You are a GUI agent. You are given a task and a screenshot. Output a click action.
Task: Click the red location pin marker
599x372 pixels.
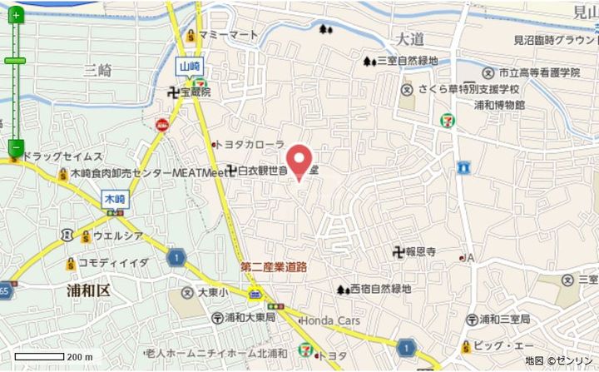pyautogui.click(x=299, y=160)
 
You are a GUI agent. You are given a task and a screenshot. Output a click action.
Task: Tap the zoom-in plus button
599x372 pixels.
pyautogui.click(x=15, y=15)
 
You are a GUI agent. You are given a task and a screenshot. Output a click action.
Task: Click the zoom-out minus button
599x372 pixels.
pyautogui.click(x=15, y=147)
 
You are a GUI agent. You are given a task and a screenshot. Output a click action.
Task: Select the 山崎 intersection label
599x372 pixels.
pyautogui.click(x=189, y=65)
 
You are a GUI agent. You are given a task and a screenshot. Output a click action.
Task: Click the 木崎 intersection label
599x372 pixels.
pyautogui.click(x=115, y=199)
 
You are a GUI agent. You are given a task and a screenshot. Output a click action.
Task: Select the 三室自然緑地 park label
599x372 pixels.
pyautogui.click(x=407, y=60)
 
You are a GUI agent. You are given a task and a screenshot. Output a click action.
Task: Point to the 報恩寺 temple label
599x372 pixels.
pyautogui.click(x=419, y=251)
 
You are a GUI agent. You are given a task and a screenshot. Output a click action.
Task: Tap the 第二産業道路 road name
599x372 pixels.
pyautogui.click(x=274, y=266)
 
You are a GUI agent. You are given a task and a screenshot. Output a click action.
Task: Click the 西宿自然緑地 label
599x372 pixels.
pyautogui.click(x=379, y=289)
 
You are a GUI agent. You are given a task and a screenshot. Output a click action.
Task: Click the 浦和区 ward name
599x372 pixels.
pyautogui.click(x=88, y=290)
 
